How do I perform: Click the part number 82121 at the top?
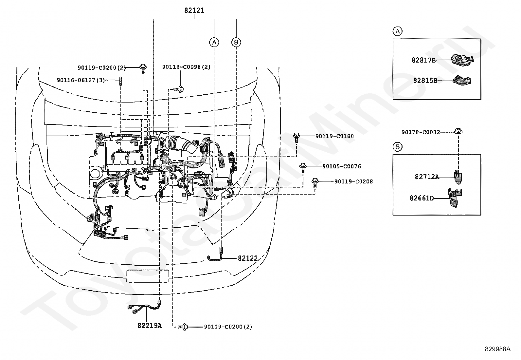point(194,10)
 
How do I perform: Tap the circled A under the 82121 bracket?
point(214,42)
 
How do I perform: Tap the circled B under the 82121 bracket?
point(236,42)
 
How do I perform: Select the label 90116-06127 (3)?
point(81,80)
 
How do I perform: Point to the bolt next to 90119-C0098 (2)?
point(179,89)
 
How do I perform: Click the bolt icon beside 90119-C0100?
point(296,137)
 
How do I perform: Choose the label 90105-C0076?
point(342,166)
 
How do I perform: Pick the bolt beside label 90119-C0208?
point(315,183)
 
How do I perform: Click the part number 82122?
point(248,258)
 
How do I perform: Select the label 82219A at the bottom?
point(150,325)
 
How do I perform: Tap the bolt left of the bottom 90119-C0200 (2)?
point(183,327)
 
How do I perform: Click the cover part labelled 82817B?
point(462,59)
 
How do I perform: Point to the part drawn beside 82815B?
point(462,80)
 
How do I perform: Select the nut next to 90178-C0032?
point(458,131)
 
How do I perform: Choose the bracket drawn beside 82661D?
point(455,198)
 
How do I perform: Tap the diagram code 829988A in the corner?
point(497,349)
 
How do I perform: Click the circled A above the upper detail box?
point(398,31)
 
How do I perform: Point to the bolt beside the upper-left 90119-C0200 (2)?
point(143,68)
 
